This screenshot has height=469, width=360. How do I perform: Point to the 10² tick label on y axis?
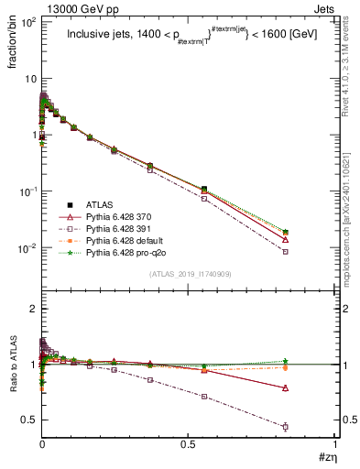click(27, 19)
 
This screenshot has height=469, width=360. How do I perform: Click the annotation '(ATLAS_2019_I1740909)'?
click(188, 274)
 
